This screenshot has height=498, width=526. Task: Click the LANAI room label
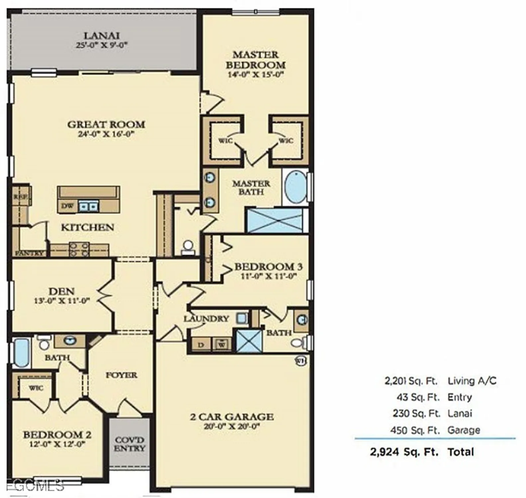(101, 36)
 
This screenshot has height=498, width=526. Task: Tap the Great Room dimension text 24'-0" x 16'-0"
(106, 134)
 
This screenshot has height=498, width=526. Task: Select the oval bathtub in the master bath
(296, 187)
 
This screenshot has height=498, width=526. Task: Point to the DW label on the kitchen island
(67, 206)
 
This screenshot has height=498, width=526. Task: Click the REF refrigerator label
(20, 197)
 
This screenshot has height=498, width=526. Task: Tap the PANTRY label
(30, 253)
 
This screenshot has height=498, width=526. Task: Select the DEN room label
(61, 291)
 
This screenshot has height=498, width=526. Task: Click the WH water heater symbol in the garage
(300, 361)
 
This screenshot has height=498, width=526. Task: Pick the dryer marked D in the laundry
(201, 345)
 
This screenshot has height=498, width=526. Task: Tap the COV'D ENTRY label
(130, 444)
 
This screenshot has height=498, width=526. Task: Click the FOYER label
(121, 375)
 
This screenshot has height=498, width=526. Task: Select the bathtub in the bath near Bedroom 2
(21, 353)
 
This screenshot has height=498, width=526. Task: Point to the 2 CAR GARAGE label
(232, 417)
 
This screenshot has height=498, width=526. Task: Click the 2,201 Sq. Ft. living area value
(411, 381)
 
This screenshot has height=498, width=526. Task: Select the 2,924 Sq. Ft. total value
(404, 452)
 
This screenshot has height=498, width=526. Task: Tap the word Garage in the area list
(464, 430)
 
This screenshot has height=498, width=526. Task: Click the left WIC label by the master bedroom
(225, 140)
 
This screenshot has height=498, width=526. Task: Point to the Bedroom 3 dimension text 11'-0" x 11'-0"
(268, 276)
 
